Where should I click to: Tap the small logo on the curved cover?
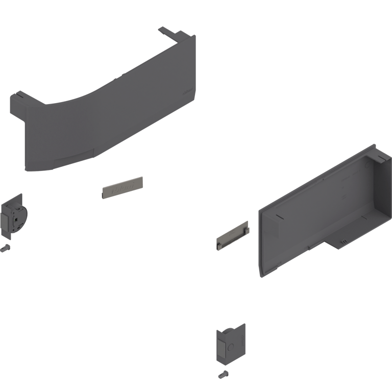coord(186,92)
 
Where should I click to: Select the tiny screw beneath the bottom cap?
coord(223,375)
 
